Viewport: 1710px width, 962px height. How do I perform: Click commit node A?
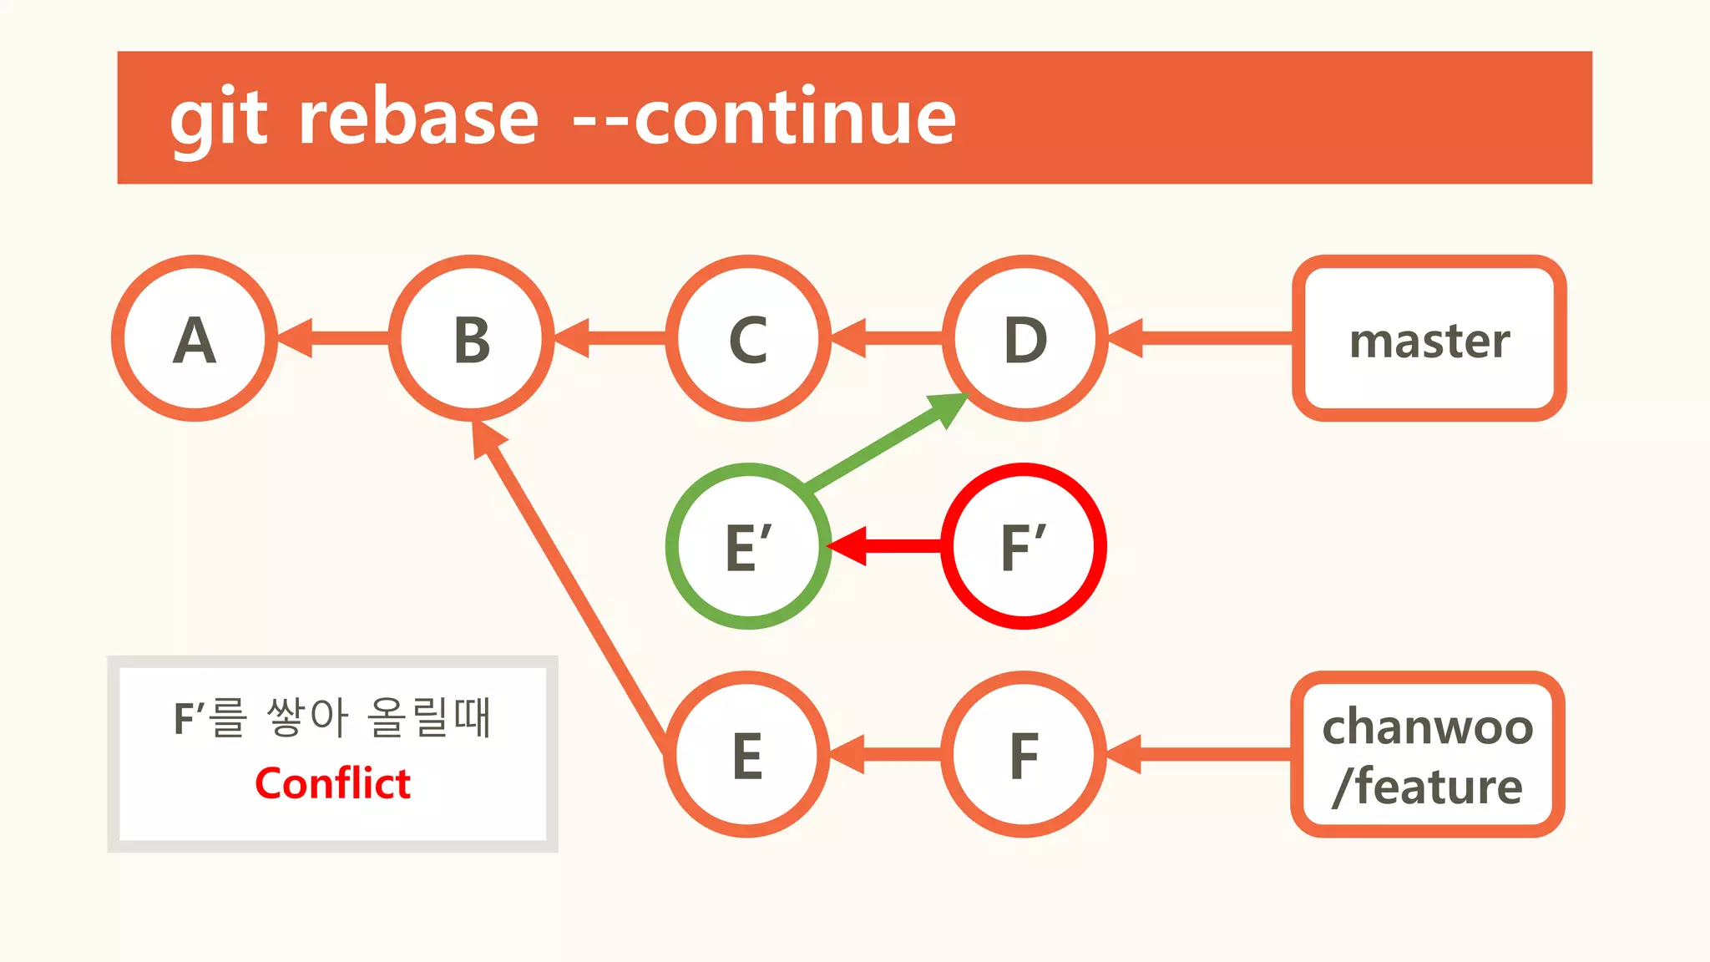(195, 338)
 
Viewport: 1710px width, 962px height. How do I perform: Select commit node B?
(472, 338)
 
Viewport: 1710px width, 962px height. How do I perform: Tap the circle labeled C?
(748, 338)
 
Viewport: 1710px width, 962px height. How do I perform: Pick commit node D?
(1025, 338)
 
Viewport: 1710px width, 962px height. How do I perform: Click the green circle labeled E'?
(748, 546)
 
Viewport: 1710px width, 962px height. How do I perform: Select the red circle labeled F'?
(1024, 546)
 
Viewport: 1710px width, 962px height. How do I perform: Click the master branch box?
(1429, 338)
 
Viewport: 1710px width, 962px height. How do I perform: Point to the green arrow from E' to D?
(885, 443)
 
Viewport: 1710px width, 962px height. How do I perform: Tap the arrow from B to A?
(334, 338)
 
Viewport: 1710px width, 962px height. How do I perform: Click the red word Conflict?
(332, 783)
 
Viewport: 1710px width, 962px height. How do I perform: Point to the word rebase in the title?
(417, 119)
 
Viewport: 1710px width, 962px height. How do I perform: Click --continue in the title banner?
(764, 119)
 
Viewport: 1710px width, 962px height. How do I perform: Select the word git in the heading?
(219, 119)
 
